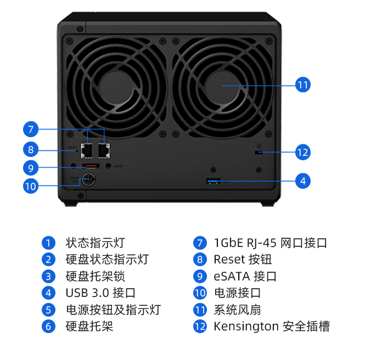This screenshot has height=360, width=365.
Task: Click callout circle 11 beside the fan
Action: (x=302, y=85)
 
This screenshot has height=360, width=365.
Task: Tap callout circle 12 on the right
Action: (x=302, y=152)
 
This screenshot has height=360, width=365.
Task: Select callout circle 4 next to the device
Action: (x=302, y=181)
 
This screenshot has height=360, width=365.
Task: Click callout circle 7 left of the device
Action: (x=31, y=130)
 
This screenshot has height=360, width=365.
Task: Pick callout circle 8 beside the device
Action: (x=31, y=149)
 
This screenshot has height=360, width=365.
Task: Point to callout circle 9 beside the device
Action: (x=31, y=167)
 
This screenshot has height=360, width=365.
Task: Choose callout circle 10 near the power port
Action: (x=31, y=186)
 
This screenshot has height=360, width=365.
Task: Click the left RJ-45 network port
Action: (x=87, y=148)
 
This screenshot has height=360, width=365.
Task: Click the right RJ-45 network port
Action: (x=103, y=148)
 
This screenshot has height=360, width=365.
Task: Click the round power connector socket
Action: (x=87, y=178)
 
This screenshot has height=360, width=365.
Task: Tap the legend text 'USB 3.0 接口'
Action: (x=100, y=293)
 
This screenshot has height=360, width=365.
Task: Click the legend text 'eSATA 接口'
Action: (x=245, y=277)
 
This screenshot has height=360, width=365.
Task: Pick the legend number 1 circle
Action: (x=49, y=243)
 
